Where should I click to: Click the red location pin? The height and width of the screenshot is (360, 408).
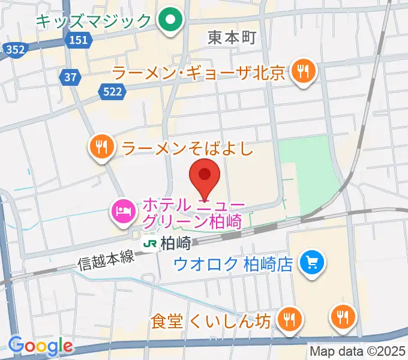pos(204,176)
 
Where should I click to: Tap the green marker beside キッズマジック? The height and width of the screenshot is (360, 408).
pos(170,22)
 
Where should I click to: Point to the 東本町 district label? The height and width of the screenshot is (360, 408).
pos(232,38)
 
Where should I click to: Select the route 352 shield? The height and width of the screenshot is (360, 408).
pos(15,50)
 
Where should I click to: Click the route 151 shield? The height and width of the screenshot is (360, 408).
pos(77,40)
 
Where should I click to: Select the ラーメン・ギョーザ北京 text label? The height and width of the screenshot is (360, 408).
pos(199,73)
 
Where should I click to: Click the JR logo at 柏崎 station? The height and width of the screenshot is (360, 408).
pos(149,244)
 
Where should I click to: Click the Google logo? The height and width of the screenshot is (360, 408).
pos(41,345)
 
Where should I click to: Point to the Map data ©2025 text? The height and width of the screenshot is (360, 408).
pos(358,351)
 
